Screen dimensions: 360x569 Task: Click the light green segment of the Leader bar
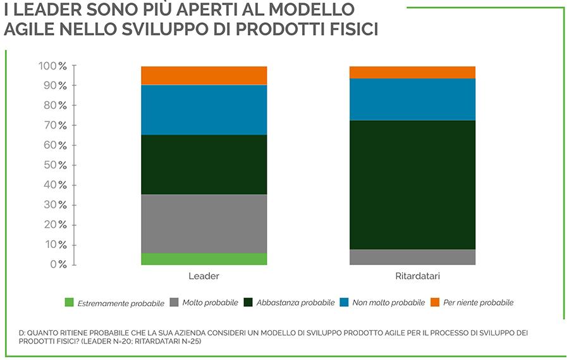click(204, 259)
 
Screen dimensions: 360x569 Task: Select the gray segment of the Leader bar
click(204, 223)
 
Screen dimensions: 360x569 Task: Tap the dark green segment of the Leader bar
click(204, 164)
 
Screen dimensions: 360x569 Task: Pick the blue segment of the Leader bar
click(204, 109)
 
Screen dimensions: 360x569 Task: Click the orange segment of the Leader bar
click(204, 75)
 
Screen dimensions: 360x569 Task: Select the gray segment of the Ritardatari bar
click(412, 257)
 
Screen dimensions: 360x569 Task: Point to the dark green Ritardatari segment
click(412, 185)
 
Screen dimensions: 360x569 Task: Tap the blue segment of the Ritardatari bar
click(412, 99)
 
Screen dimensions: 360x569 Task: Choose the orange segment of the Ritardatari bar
click(412, 72)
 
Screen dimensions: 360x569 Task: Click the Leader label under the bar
click(204, 276)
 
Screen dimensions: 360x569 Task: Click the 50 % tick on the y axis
click(55, 165)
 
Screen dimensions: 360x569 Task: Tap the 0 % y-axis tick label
click(58, 264)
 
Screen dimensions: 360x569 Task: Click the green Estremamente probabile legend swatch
click(70, 302)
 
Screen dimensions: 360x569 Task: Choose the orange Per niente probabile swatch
click(435, 302)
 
